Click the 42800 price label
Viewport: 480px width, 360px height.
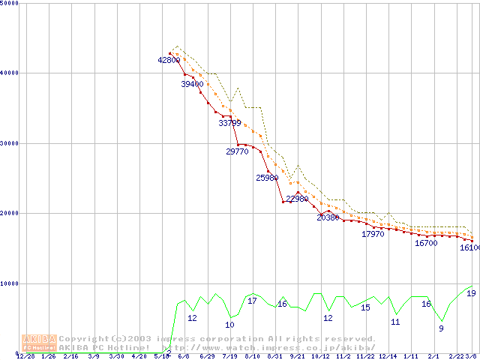[169, 60]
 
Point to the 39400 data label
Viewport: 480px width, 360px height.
[192, 84]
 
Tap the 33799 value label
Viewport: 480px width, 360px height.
[229, 123]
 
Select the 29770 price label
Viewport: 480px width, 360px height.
[237, 151]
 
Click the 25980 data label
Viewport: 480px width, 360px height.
[267, 178]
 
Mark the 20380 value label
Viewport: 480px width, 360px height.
[328, 217]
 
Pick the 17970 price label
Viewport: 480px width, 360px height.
[373, 235]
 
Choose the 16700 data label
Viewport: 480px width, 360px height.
[425, 243]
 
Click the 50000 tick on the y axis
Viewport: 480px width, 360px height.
[10, 4]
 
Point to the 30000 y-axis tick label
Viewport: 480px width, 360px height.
[10, 143]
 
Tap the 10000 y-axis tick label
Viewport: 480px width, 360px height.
[10, 283]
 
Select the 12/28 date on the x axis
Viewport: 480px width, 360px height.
[25, 356]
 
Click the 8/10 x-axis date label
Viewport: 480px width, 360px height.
[253, 356]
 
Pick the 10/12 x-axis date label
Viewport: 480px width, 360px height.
[321, 356]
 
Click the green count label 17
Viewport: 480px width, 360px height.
[252, 301]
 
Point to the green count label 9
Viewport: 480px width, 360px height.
[441, 328]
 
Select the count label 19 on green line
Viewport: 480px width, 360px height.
[471, 293]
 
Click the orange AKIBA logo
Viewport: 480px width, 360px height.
[40, 343]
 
